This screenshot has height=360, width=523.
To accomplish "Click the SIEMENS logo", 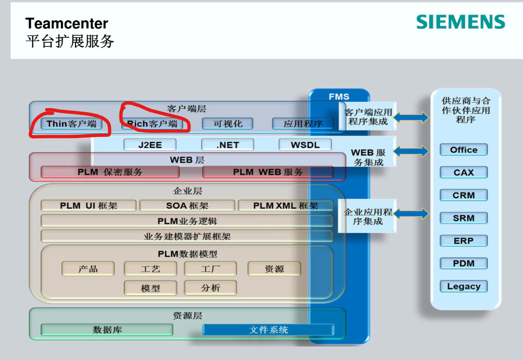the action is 460,22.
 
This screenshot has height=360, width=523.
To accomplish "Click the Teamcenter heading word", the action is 67,24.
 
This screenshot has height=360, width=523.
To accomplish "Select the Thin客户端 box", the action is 71,124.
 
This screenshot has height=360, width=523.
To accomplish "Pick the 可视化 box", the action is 228,124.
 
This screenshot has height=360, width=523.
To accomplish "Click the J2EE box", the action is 150,145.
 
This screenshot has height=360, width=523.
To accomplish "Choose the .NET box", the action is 228,145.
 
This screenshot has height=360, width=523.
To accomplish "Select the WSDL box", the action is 305,145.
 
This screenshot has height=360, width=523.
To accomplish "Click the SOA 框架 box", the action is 187,206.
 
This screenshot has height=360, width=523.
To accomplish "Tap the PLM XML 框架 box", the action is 285,206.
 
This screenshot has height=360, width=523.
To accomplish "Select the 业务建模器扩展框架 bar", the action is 187,237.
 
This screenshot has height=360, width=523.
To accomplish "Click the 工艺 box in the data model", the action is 150,269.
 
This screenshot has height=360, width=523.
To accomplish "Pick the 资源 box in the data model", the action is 274,269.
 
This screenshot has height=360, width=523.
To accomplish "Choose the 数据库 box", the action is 107,330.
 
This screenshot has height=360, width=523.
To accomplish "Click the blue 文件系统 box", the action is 268,330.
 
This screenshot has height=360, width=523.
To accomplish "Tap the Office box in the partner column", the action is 463,150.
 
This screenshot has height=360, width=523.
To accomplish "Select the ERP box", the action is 463,241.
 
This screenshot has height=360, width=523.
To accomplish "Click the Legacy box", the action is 463,286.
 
